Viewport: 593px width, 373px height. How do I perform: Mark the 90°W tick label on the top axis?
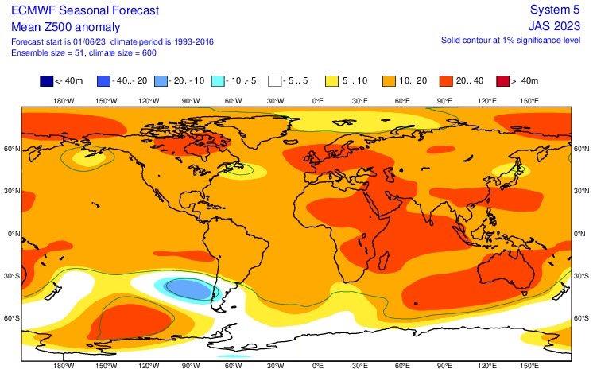189,101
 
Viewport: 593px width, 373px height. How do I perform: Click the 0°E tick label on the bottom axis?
317,367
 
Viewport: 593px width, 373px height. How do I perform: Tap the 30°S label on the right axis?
583,275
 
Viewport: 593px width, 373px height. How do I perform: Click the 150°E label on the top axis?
529,101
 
